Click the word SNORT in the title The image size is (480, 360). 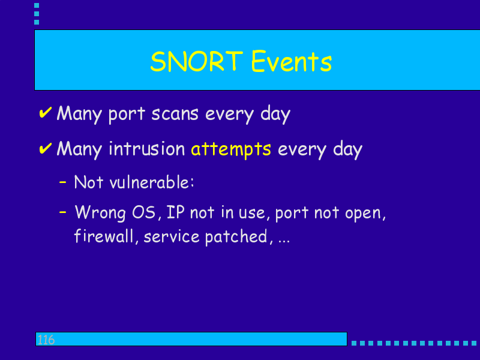point(197,61)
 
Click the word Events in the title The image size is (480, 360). point(291,61)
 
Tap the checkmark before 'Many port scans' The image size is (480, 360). point(46,113)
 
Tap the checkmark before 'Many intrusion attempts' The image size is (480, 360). point(46,148)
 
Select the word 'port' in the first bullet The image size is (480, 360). point(127,115)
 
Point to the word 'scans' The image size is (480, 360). point(175,114)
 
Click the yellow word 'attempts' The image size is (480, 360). point(231,149)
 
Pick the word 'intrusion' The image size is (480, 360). point(147,148)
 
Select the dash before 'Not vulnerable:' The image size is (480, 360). point(63,182)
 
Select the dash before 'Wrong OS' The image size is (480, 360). point(63,212)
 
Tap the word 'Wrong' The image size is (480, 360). point(100,212)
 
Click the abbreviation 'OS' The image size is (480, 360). point(143,212)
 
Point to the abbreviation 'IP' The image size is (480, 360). point(176,212)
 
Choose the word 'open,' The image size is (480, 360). point(365,214)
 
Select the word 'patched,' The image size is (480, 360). point(239,237)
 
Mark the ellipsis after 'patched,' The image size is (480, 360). point(284,242)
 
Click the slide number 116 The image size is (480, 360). point(46,340)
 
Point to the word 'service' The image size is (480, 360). point(172,236)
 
